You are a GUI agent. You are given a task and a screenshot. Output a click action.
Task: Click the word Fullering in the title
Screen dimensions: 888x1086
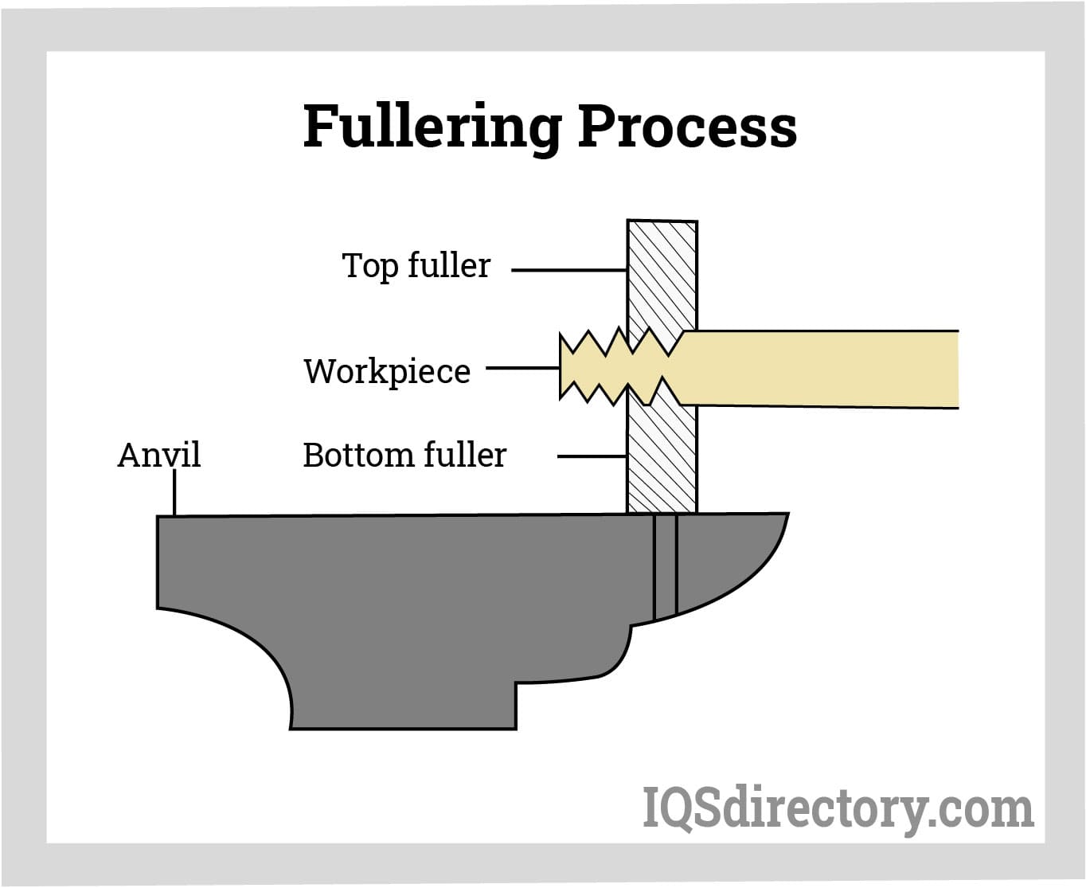pos(432,127)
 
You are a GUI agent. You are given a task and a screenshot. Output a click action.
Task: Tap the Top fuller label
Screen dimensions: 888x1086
pos(416,266)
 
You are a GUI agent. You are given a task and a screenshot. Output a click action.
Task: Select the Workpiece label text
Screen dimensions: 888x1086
pos(387,371)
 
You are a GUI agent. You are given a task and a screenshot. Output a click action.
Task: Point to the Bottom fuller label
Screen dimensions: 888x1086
pos(404,456)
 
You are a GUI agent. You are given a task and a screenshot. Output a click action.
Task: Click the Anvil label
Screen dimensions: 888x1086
pos(158,456)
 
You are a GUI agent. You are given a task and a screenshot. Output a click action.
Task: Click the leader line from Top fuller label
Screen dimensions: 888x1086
pos(568,270)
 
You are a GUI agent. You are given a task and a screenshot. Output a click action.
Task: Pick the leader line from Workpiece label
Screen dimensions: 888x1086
pos(522,368)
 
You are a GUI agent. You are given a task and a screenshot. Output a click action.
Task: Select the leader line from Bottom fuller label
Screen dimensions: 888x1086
pos(592,456)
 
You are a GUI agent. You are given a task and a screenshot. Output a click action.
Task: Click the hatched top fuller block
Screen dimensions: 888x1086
pos(662,271)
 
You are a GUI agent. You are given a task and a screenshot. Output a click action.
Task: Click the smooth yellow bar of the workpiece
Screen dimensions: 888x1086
pos(820,369)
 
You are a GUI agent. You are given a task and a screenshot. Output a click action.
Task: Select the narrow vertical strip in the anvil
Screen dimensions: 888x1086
pos(665,565)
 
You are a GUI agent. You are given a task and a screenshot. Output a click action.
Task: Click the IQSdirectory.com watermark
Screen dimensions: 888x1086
pos(838,809)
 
